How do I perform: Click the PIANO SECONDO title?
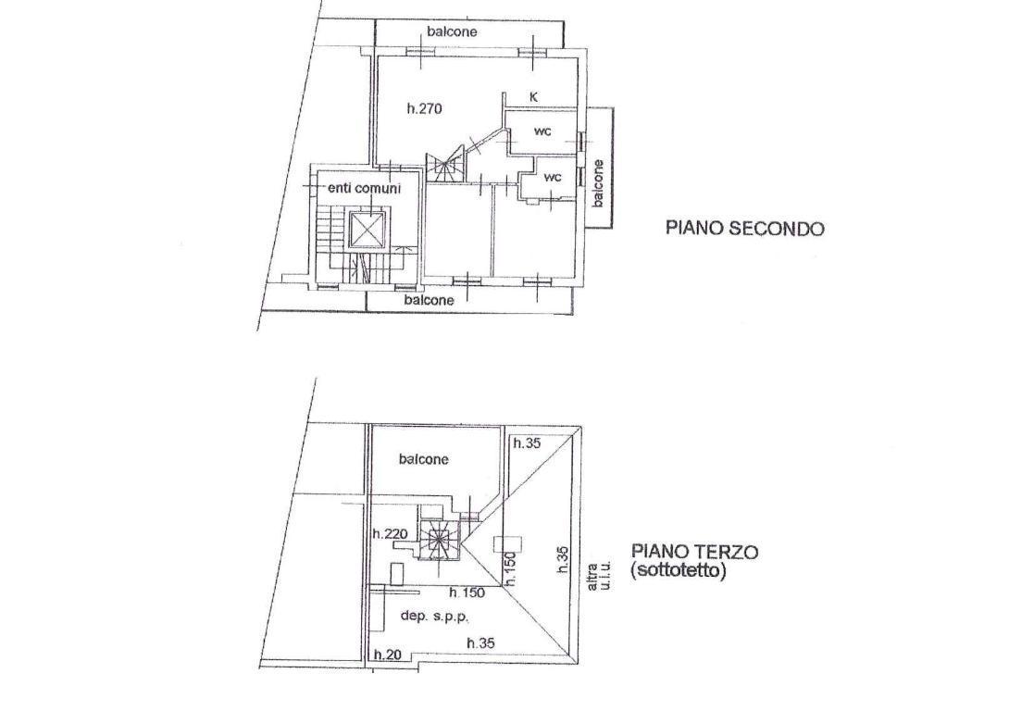[x=744, y=229]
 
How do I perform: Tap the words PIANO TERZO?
[x=695, y=551]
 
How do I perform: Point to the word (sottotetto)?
[x=678, y=570]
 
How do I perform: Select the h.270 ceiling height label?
[x=423, y=109]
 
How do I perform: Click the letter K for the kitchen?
[x=534, y=97]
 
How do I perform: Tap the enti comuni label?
[x=364, y=189]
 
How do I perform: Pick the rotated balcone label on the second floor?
[x=598, y=182]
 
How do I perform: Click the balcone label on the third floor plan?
[x=423, y=459]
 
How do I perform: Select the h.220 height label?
[x=391, y=533]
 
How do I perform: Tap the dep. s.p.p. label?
[x=434, y=617]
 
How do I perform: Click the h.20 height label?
[x=388, y=655]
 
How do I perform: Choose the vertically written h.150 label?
[x=509, y=568]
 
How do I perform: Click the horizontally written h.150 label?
[x=467, y=592]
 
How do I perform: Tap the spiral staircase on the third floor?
[x=436, y=540]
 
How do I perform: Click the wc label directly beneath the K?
[x=542, y=131]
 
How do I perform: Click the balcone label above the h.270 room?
[x=452, y=31]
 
